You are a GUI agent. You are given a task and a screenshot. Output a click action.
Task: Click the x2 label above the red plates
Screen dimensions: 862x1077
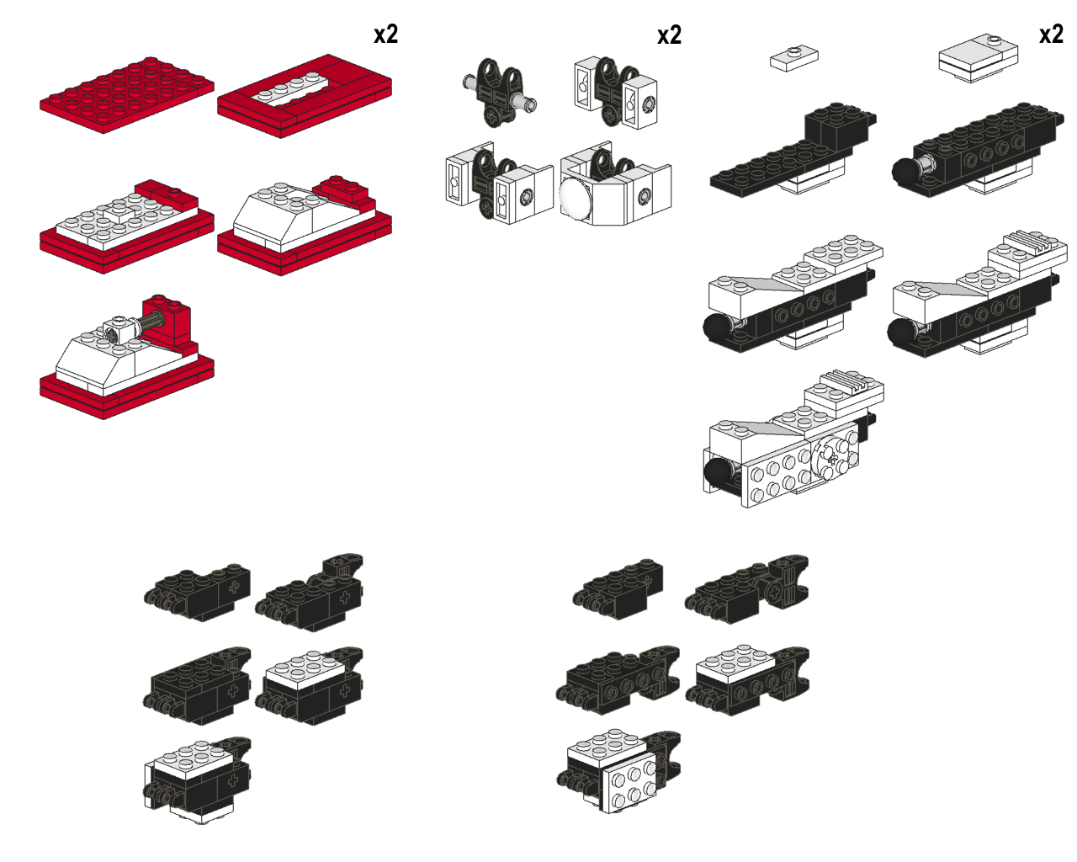(385, 35)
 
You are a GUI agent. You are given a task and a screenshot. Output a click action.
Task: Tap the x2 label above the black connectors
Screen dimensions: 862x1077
(669, 35)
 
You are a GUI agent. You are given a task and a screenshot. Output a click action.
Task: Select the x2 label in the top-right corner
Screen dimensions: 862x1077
(1051, 34)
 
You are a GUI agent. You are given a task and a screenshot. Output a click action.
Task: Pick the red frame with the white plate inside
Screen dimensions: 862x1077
(305, 94)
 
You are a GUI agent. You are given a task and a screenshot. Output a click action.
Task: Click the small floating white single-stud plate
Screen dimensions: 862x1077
(794, 58)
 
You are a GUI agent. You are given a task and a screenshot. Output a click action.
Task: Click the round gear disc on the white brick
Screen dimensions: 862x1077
(830, 452)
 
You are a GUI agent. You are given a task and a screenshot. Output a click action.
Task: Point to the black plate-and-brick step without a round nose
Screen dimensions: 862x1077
(791, 156)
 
